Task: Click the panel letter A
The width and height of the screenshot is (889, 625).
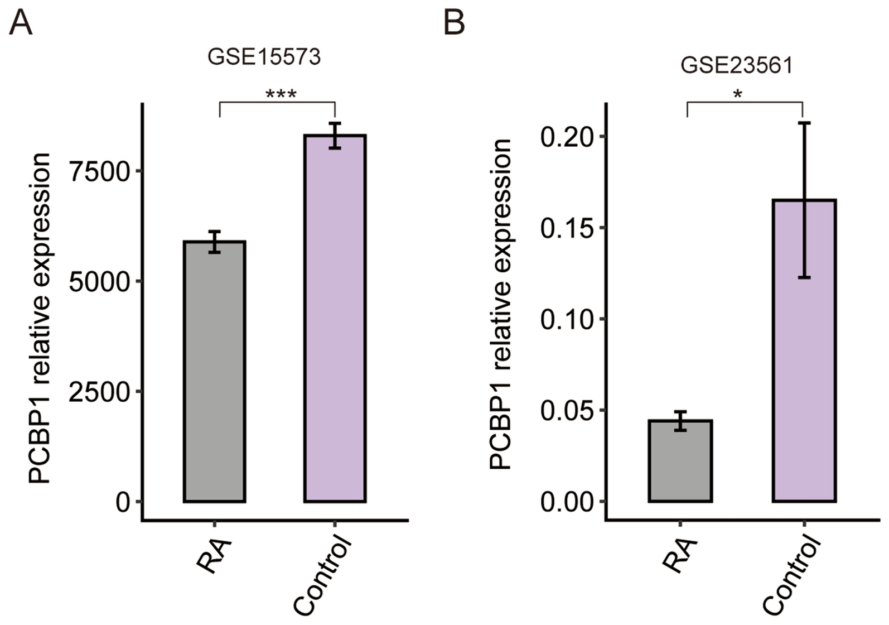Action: pyautogui.click(x=21, y=23)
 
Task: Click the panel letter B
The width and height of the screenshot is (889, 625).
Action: pyautogui.click(x=454, y=23)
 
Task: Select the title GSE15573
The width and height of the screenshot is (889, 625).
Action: pyautogui.click(x=264, y=57)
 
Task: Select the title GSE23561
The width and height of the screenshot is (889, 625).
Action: pyautogui.click(x=736, y=66)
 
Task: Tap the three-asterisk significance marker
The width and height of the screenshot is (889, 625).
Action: pyautogui.click(x=281, y=94)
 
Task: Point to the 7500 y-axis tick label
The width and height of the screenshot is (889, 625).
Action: pyautogui.click(x=98, y=172)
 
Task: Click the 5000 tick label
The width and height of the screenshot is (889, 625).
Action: pyautogui.click(x=98, y=282)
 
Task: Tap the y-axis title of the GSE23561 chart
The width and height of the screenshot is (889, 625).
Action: pyautogui.click(x=500, y=304)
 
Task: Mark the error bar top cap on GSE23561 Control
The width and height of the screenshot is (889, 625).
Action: pyautogui.click(x=804, y=123)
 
